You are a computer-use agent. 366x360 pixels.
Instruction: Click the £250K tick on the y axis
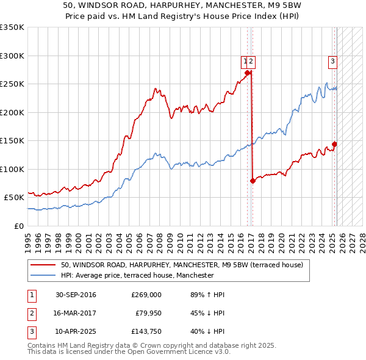coord(12,84)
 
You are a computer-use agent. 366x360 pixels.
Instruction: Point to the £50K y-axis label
coord(14,198)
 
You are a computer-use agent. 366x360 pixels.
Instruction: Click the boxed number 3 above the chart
coord(332,60)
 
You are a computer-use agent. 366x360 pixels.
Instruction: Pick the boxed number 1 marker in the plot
coord(245,60)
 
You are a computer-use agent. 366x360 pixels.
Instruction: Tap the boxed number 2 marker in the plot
coord(251,60)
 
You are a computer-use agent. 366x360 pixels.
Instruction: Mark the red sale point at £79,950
coord(253,181)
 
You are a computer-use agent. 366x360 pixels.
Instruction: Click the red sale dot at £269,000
coord(248,73)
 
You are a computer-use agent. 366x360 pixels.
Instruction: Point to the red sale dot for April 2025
coord(334,145)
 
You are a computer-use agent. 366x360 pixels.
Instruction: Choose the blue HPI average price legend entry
coord(137,275)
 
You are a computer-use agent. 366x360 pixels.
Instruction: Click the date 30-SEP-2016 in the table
coord(76,295)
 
